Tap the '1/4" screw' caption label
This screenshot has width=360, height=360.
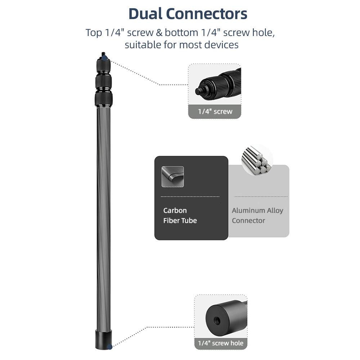(x=215, y=112)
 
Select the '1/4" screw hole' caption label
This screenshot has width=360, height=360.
(x=221, y=343)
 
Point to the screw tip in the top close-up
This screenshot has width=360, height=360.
(x=198, y=91)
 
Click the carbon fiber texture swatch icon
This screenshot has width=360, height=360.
(x=172, y=176)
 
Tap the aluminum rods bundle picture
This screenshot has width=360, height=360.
(x=257, y=158)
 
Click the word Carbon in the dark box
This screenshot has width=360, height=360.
(x=175, y=210)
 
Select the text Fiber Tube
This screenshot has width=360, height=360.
(x=180, y=220)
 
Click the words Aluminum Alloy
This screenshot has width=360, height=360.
(x=257, y=210)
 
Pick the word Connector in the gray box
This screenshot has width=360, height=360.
(x=248, y=220)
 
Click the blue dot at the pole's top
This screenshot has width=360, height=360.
(x=104, y=57)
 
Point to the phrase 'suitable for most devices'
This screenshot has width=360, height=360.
(x=181, y=45)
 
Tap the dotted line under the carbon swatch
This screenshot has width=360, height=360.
(x=190, y=197)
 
